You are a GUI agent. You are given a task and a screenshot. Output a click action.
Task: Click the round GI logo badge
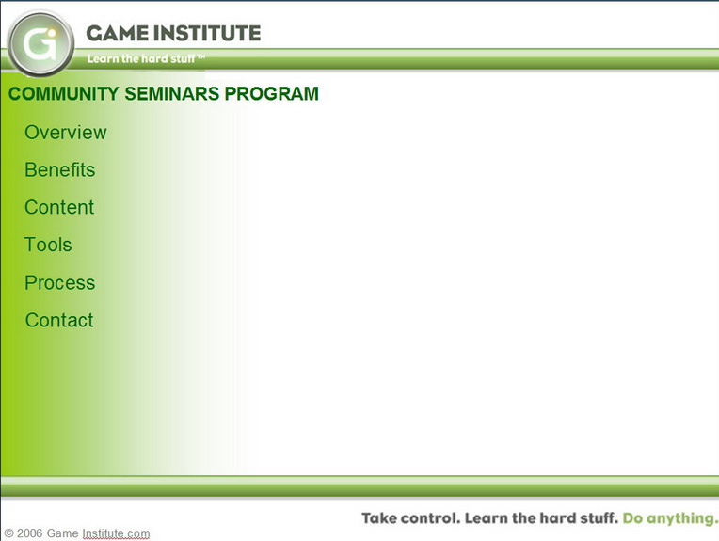tap(40, 43)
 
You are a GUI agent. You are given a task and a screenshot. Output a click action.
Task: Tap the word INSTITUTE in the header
tap(207, 33)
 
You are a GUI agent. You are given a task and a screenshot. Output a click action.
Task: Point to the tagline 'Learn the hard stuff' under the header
tap(141, 58)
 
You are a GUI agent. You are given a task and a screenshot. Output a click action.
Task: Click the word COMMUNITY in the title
tap(64, 93)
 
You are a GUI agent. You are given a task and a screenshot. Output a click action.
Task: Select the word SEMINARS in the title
tap(172, 93)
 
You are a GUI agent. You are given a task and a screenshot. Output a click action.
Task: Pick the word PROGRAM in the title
tap(271, 93)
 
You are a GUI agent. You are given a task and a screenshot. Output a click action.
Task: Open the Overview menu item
tap(66, 133)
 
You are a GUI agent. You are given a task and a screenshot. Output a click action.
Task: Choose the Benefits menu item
tap(60, 169)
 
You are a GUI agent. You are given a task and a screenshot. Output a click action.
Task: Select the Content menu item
tap(59, 207)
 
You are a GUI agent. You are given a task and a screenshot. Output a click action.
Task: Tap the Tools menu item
tap(48, 245)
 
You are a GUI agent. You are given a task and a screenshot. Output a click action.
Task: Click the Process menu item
tap(60, 282)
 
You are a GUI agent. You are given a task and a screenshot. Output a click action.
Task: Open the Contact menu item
tap(59, 320)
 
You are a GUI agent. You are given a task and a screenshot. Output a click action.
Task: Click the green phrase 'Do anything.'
tap(670, 518)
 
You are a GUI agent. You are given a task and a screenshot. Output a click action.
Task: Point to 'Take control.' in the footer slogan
tap(411, 518)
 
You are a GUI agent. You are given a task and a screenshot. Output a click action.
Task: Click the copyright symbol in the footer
tap(8, 533)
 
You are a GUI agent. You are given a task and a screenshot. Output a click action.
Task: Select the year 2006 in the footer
tap(30, 533)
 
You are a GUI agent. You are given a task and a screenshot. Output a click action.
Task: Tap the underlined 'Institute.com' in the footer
tap(116, 533)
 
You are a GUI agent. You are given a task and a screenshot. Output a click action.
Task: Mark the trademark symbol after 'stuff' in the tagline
tap(200, 56)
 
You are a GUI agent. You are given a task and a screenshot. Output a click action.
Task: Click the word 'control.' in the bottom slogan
tap(431, 518)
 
